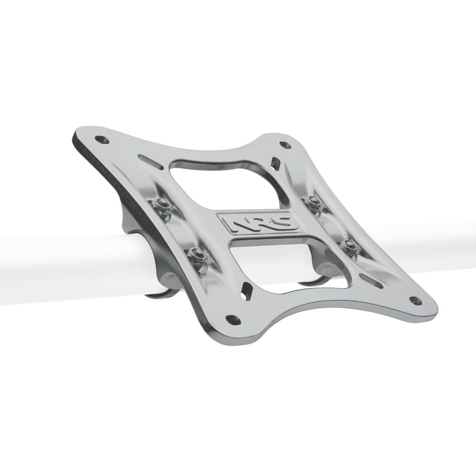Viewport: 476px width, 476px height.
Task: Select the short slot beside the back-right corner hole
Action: [275, 163]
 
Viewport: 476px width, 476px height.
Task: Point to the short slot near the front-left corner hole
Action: [246, 289]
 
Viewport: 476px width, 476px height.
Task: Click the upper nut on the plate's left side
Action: [162, 205]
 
